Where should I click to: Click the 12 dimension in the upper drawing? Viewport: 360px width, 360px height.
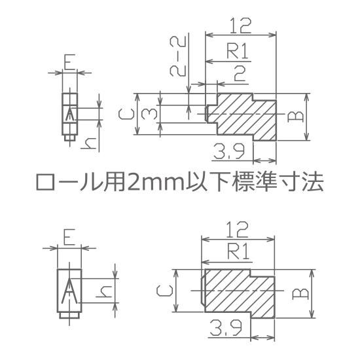(240, 26)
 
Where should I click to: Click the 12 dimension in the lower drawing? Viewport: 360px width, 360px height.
(237, 230)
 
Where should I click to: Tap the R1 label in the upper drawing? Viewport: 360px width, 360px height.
(238, 51)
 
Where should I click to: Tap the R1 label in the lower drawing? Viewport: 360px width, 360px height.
(238, 251)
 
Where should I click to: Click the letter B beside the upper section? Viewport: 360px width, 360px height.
(295, 117)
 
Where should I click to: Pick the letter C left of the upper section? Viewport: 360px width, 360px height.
(126, 114)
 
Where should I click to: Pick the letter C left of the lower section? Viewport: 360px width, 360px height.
(164, 291)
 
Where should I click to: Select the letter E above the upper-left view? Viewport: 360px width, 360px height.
(69, 62)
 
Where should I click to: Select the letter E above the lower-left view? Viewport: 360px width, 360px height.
(69, 237)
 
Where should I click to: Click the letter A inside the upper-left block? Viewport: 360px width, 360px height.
(70, 114)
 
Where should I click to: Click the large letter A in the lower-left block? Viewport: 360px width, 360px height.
(69, 291)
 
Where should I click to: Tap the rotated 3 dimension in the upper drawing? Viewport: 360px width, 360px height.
(149, 114)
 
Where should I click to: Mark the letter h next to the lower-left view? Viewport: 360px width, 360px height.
(104, 291)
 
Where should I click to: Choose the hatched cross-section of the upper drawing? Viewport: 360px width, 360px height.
(242, 117)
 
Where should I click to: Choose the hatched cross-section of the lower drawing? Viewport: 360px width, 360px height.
(239, 294)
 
